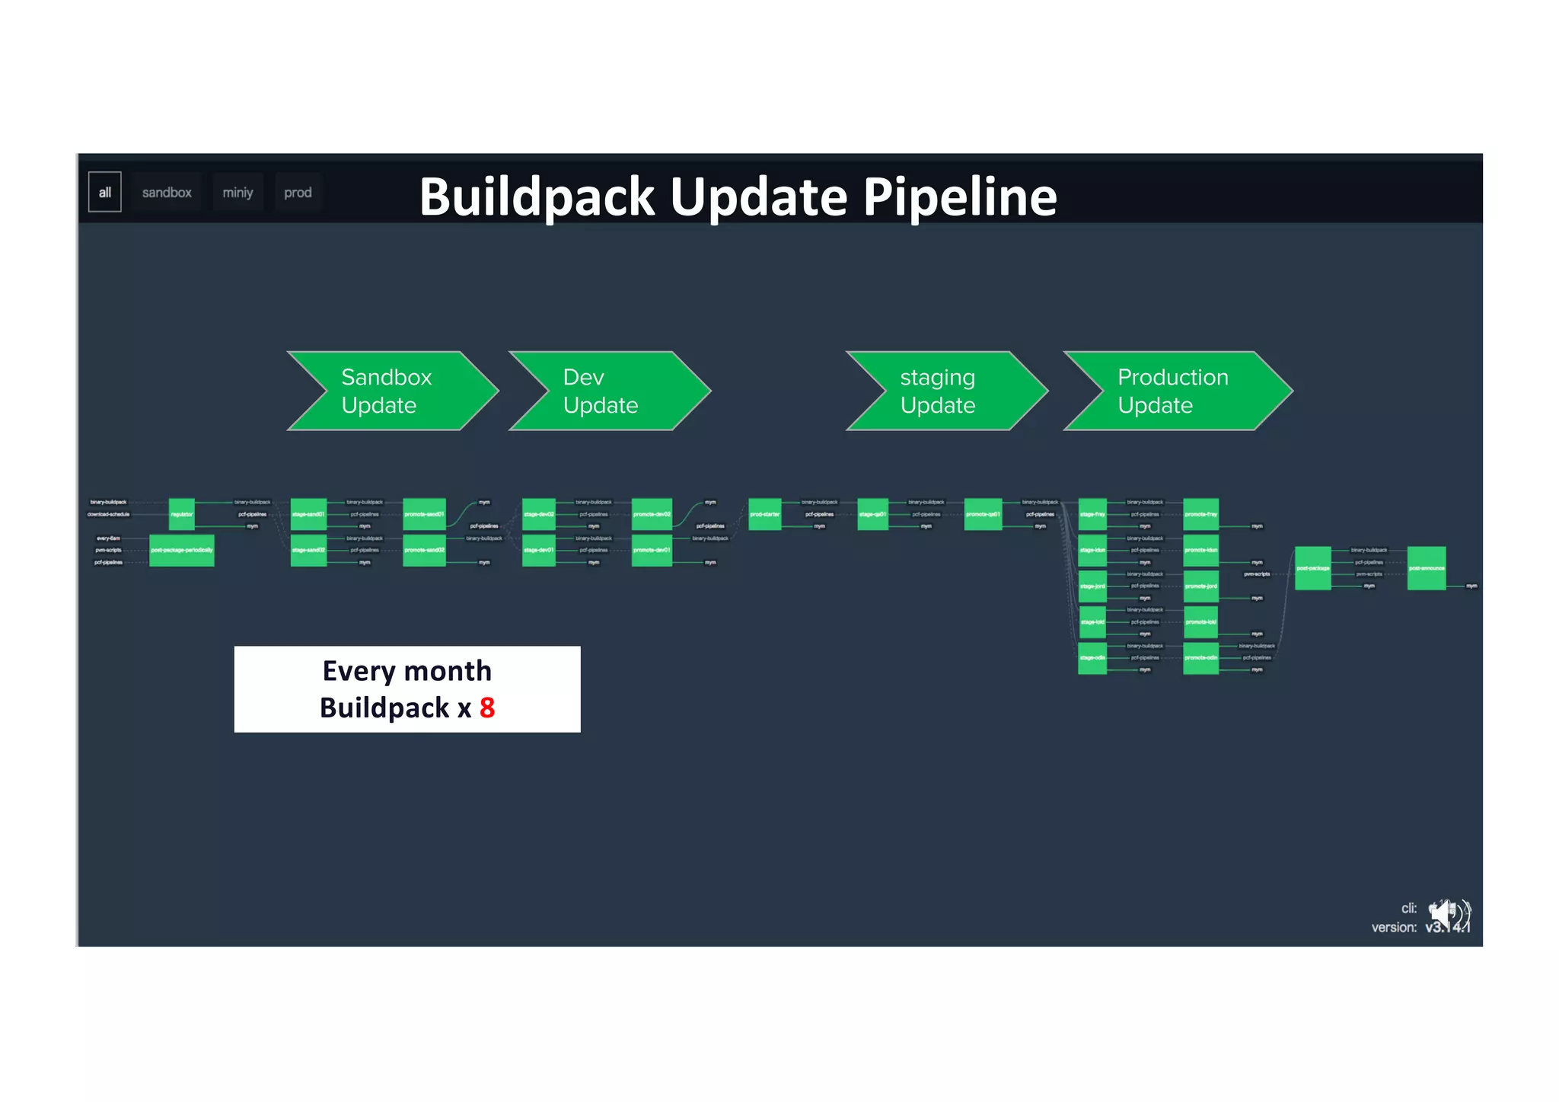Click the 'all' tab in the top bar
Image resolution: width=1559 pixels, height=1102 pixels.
click(x=105, y=192)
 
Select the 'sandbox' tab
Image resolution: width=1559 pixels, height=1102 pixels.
click(x=166, y=193)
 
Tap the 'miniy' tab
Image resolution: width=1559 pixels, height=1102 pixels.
click(x=238, y=193)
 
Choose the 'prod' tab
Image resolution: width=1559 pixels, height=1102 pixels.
click(x=298, y=193)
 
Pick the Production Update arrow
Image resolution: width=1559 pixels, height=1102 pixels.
click(x=1176, y=391)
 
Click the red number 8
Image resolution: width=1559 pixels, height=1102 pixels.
click(x=487, y=708)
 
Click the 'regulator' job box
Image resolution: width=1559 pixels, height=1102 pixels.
click(x=181, y=514)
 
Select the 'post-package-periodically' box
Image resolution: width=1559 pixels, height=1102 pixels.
click(x=181, y=550)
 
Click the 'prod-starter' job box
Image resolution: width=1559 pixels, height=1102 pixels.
click(x=764, y=514)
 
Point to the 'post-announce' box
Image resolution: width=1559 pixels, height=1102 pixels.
click(x=1426, y=568)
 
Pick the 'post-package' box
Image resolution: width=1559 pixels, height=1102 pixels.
click(x=1312, y=568)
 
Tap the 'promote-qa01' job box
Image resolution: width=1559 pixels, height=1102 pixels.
click(x=982, y=514)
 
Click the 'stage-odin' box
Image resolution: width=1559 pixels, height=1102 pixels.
click(x=1092, y=658)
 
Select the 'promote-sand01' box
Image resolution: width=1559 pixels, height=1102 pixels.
click(x=424, y=514)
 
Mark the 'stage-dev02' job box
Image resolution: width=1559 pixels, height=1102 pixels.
click(x=538, y=514)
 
